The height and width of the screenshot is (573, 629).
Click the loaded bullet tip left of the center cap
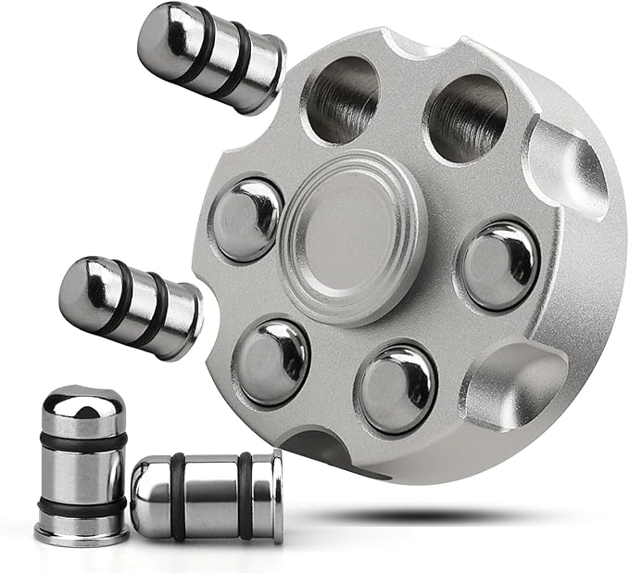click(247, 219)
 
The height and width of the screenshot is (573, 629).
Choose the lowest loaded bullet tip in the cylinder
click(397, 388)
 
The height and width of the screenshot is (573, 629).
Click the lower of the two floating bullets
click(130, 307)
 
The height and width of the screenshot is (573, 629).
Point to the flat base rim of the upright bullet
click(82, 535)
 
